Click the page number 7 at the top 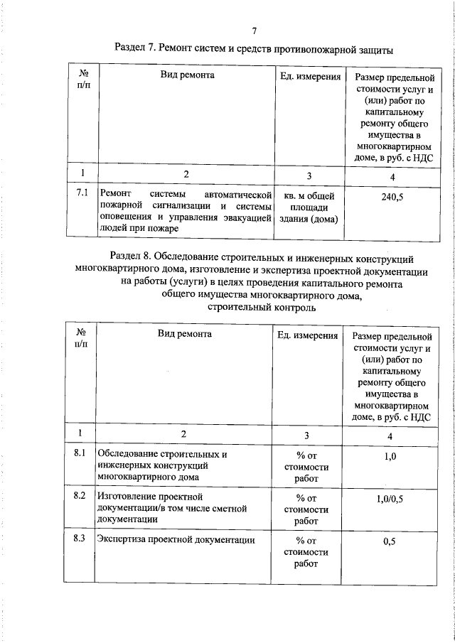click(x=254, y=31)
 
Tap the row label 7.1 click(x=82, y=193)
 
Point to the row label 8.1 click(x=80, y=453)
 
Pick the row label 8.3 click(x=80, y=538)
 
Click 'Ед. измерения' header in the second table click(x=306, y=335)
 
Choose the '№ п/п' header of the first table click(x=83, y=80)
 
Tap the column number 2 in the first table click(x=186, y=174)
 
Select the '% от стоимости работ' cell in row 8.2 click(x=306, y=509)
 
